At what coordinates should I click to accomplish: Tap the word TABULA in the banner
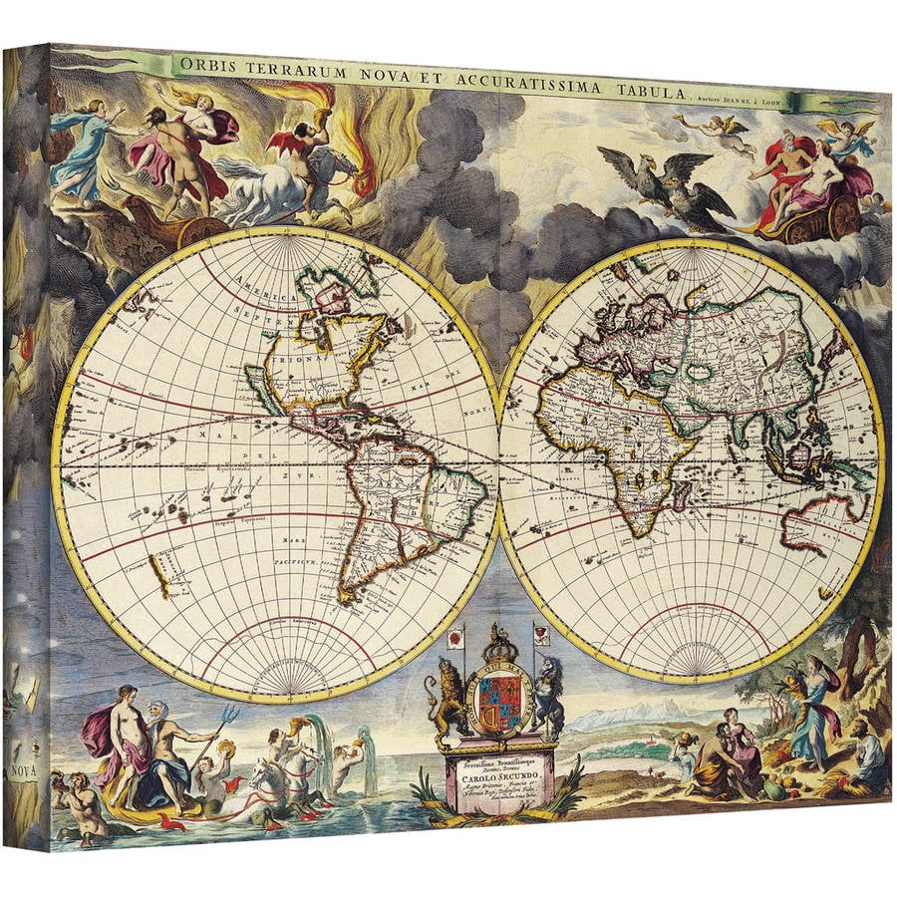648,91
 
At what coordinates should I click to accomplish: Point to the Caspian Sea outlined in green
699,371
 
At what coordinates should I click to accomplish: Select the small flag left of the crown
458,635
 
